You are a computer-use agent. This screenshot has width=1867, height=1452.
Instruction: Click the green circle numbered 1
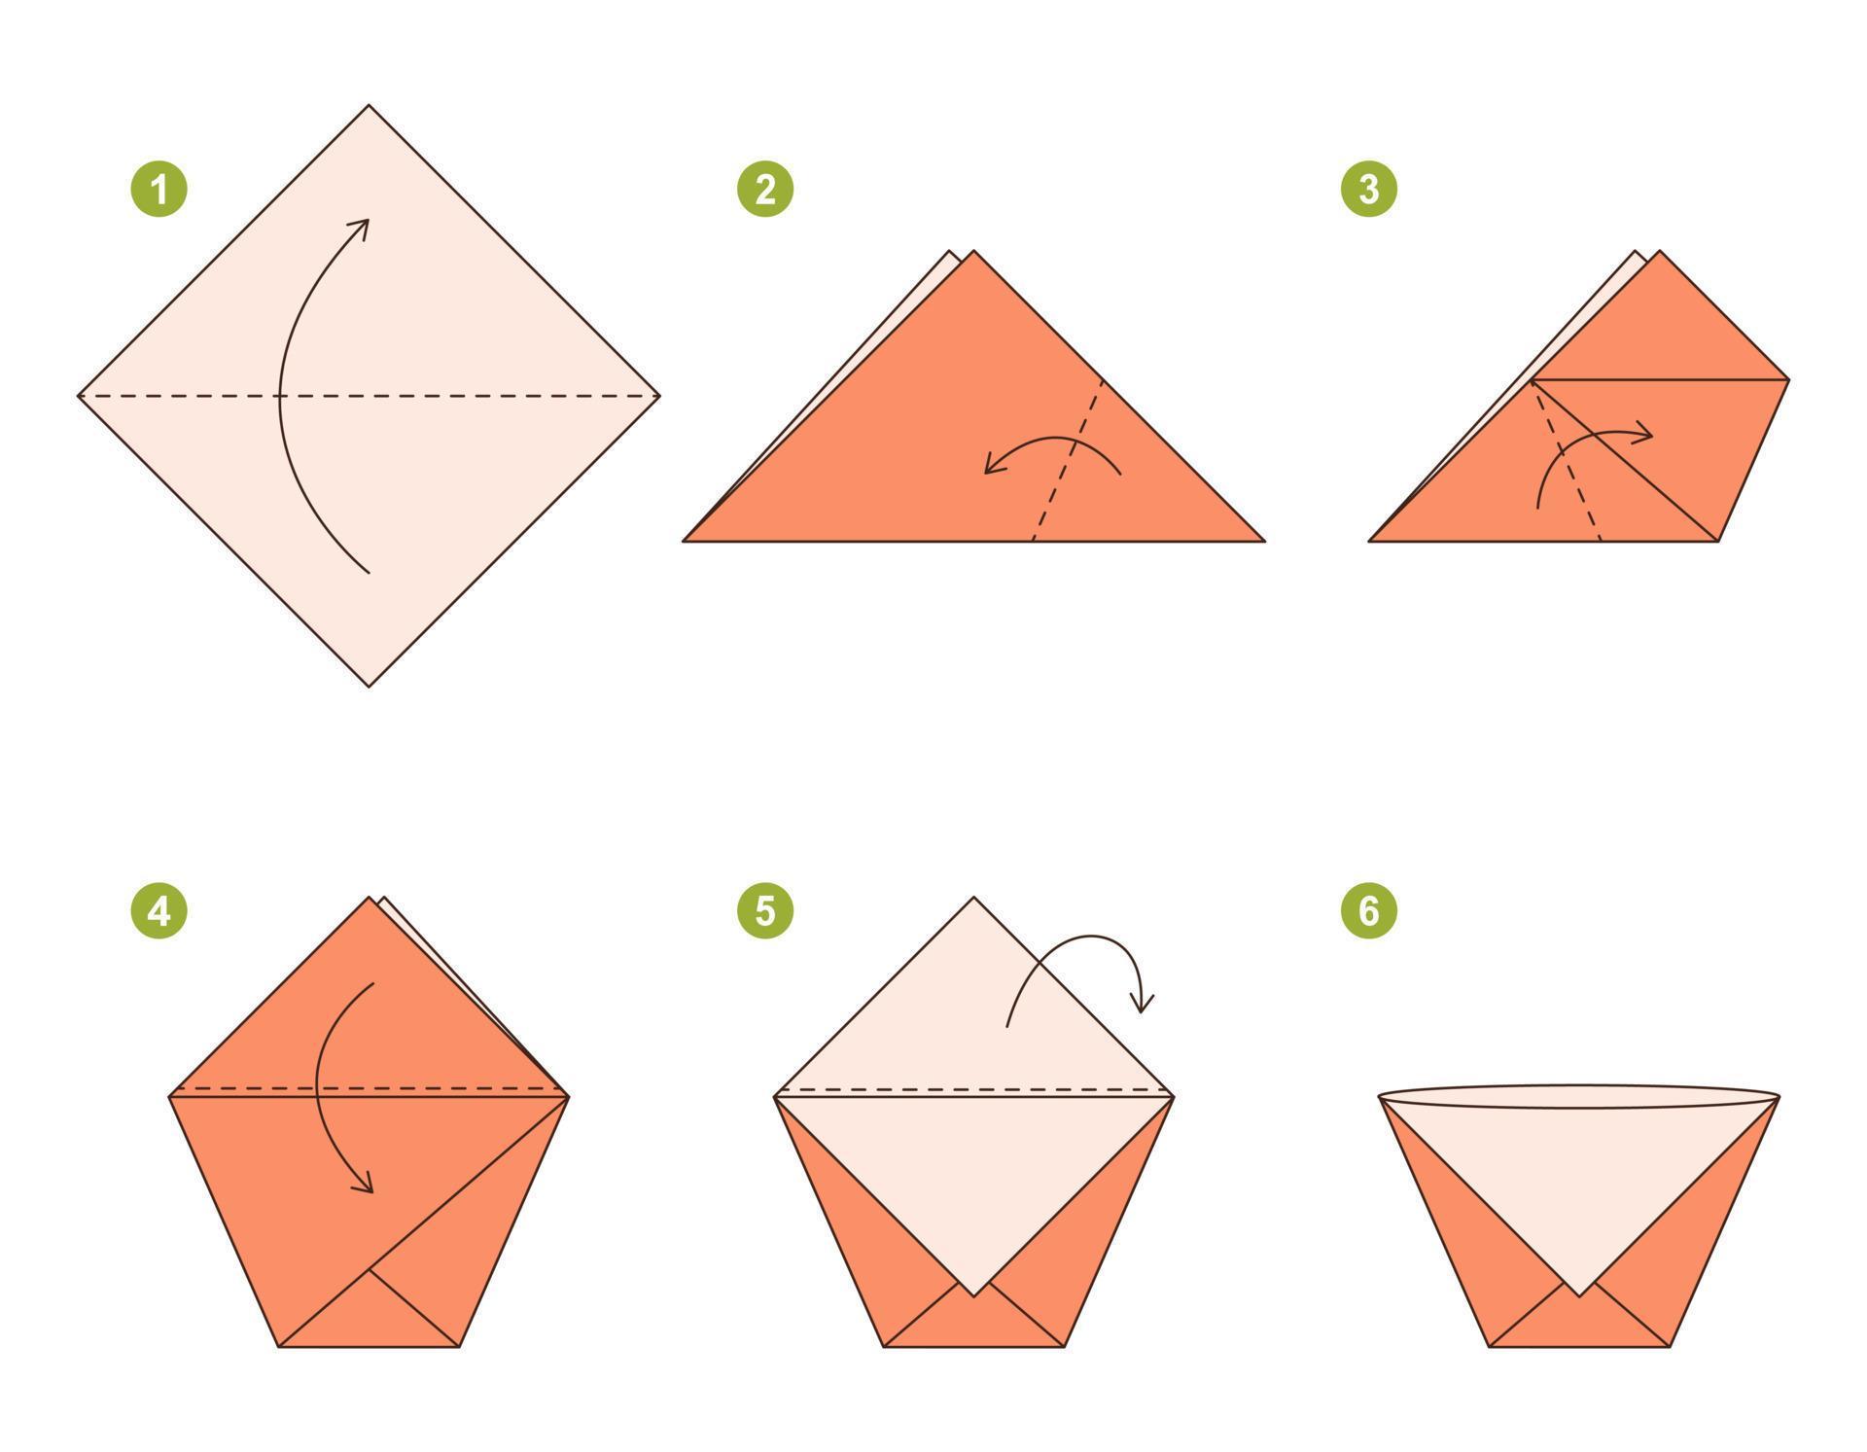(x=159, y=189)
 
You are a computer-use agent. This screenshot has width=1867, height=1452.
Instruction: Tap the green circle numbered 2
(x=764, y=189)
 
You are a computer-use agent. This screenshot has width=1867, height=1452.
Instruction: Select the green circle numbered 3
(x=1368, y=189)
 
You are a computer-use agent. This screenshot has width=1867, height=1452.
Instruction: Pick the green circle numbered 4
(x=159, y=911)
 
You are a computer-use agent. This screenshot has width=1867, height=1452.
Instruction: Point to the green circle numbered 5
(x=764, y=911)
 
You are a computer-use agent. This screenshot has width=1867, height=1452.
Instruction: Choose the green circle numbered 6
(x=1368, y=911)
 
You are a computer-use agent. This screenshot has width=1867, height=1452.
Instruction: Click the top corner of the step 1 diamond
(x=369, y=106)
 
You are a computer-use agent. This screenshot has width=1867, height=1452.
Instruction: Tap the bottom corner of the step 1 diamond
(x=369, y=686)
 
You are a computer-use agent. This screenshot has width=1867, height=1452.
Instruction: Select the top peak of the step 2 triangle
(x=973, y=252)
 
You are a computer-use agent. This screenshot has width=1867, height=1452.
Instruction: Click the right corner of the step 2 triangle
(x=1262, y=541)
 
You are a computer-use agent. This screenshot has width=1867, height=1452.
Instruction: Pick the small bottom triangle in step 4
(x=369, y=1318)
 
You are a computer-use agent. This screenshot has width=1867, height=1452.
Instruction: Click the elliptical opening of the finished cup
(x=1578, y=1097)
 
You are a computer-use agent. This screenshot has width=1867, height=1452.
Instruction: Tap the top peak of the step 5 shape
(x=973, y=899)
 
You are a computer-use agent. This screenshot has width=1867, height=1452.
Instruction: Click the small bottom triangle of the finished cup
(x=1578, y=1323)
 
